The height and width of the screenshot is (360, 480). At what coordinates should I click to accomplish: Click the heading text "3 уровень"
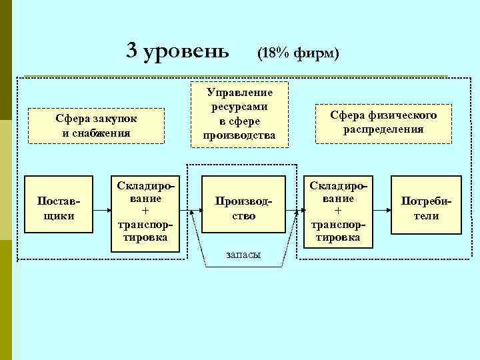[x=178, y=49]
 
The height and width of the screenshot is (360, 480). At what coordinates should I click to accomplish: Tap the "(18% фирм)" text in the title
[x=298, y=52]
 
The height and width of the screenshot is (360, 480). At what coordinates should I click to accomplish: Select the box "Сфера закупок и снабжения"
[x=97, y=125]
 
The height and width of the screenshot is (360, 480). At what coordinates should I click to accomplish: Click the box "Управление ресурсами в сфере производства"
[x=239, y=113]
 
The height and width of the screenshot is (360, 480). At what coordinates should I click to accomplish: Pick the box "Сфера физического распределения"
[x=383, y=123]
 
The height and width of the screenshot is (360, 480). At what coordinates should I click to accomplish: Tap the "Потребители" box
[x=425, y=208]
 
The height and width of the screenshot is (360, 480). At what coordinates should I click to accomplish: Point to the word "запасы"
[x=243, y=254]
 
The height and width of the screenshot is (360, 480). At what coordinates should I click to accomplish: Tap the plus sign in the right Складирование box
[x=337, y=210]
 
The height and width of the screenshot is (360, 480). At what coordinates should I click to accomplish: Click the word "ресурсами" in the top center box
[x=239, y=107]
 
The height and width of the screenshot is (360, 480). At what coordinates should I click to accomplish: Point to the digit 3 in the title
[x=132, y=49]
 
